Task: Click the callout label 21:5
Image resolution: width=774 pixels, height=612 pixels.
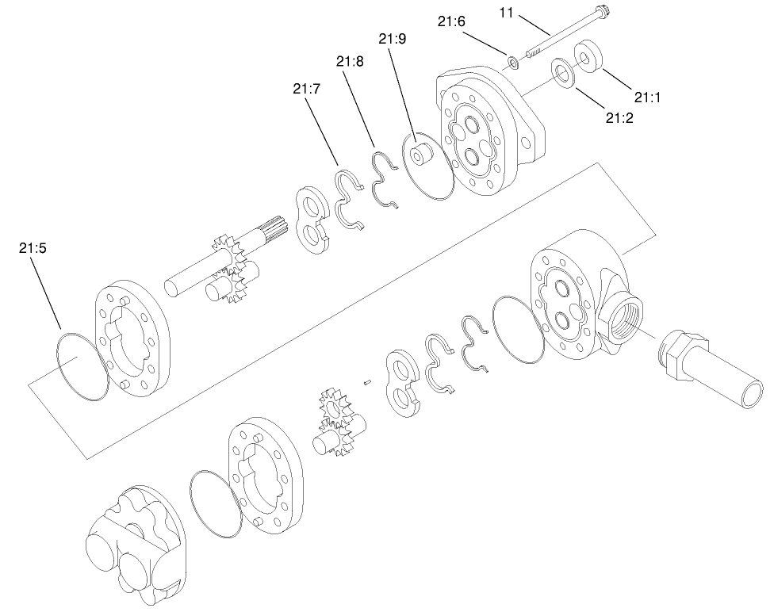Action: (x=33, y=247)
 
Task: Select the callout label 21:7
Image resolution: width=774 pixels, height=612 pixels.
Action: (x=306, y=89)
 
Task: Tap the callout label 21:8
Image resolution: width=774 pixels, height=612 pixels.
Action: (x=350, y=61)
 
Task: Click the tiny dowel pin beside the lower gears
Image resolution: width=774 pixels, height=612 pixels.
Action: (x=368, y=381)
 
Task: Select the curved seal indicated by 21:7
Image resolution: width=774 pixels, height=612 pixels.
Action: (x=347, y=199)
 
